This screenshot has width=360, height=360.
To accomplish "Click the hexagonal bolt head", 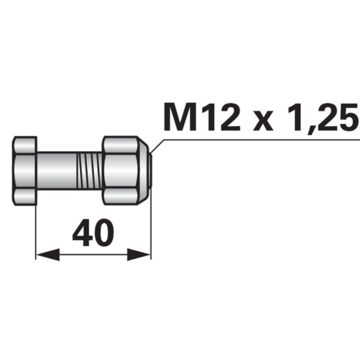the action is [x=25, y=171].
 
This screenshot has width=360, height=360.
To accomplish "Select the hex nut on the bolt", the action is [x=125, y=170].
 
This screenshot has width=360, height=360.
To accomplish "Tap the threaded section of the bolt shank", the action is [x=89, y=170].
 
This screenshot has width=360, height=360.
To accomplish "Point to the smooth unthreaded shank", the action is [x=57, y=170].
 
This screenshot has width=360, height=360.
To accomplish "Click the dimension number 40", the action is [x=93, y=232].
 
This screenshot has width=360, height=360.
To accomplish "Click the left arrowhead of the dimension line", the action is [x=48, y=254].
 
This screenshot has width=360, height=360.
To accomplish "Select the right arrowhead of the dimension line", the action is [x=139, y=254].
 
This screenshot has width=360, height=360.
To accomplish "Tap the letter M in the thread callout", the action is [x=180, y=116].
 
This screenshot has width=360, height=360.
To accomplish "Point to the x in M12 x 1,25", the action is [x=263, y=120].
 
